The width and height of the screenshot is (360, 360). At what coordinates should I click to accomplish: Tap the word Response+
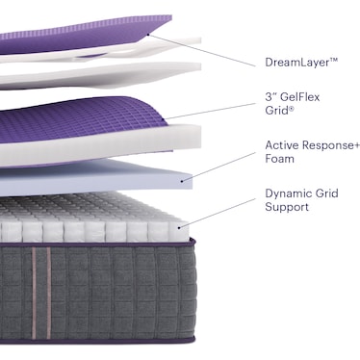click(326, 145)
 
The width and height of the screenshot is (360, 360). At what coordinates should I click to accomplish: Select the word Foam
click(279, 160)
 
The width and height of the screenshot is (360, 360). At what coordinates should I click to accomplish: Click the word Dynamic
click(291, 193)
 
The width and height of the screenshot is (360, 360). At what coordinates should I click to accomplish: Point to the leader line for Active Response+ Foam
click(223, 163)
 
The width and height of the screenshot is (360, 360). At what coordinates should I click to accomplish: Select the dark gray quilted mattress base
click(116, 298)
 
